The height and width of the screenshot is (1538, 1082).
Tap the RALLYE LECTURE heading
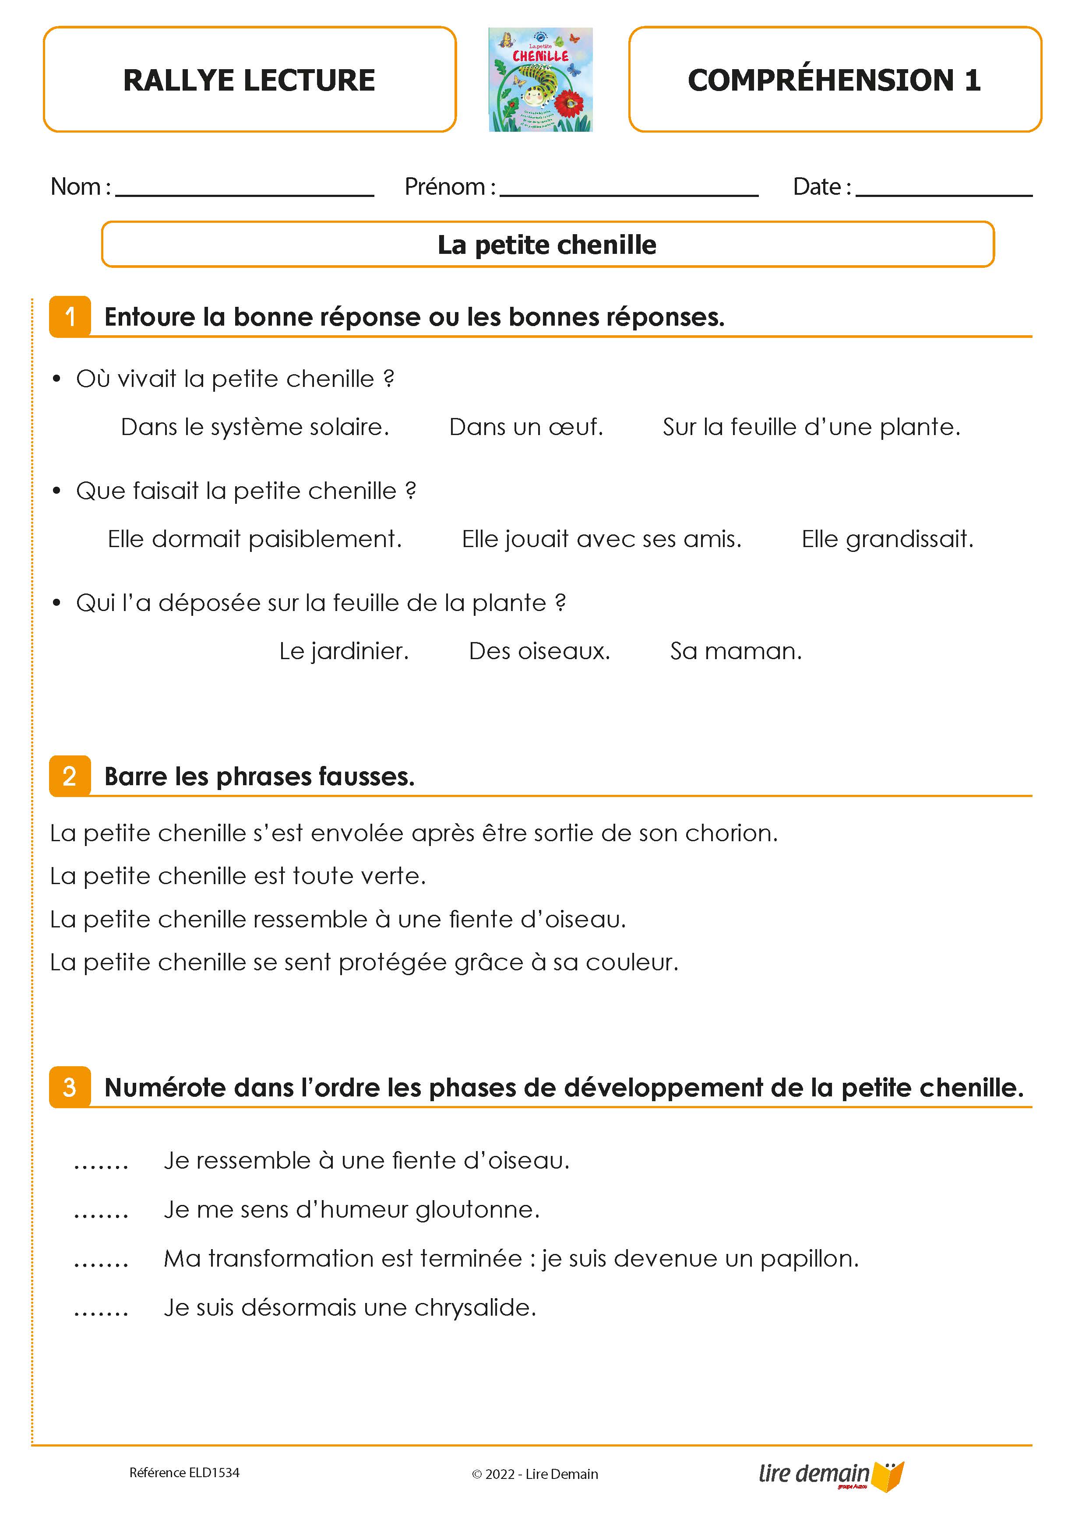[249, 81]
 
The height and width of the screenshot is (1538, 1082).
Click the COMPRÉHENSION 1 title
[834, 81]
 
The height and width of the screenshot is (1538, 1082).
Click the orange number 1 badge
[70, 317]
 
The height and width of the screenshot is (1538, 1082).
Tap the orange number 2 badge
[70, 776]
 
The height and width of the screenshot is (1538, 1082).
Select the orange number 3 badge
[70, 1087]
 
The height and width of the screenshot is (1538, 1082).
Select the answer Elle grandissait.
[887, 539]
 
